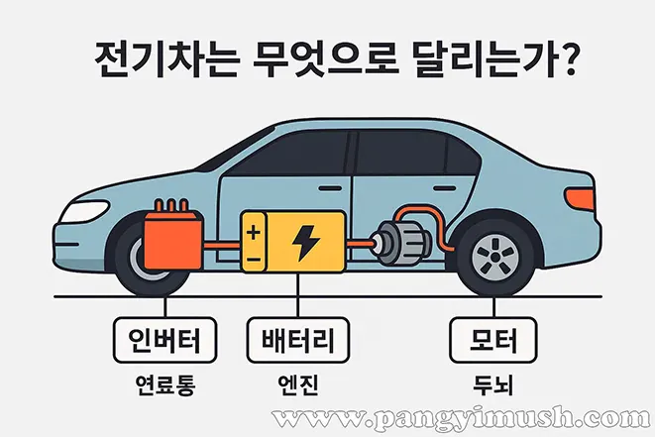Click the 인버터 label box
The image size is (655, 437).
165,340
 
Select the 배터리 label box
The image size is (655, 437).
298,340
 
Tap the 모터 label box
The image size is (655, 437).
492,340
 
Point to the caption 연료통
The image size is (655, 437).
165,384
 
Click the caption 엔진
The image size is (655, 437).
298,384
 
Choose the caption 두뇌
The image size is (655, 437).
492,384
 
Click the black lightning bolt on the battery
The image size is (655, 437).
305,243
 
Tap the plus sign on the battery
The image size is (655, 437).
254,232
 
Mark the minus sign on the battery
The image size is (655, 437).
254,260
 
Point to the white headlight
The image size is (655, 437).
85,211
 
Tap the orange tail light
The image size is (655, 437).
580,198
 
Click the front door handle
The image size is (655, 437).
330,189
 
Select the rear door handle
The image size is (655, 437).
444,189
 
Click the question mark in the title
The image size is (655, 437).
566,58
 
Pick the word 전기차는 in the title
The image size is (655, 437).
167,59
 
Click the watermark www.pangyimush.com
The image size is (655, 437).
461,418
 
